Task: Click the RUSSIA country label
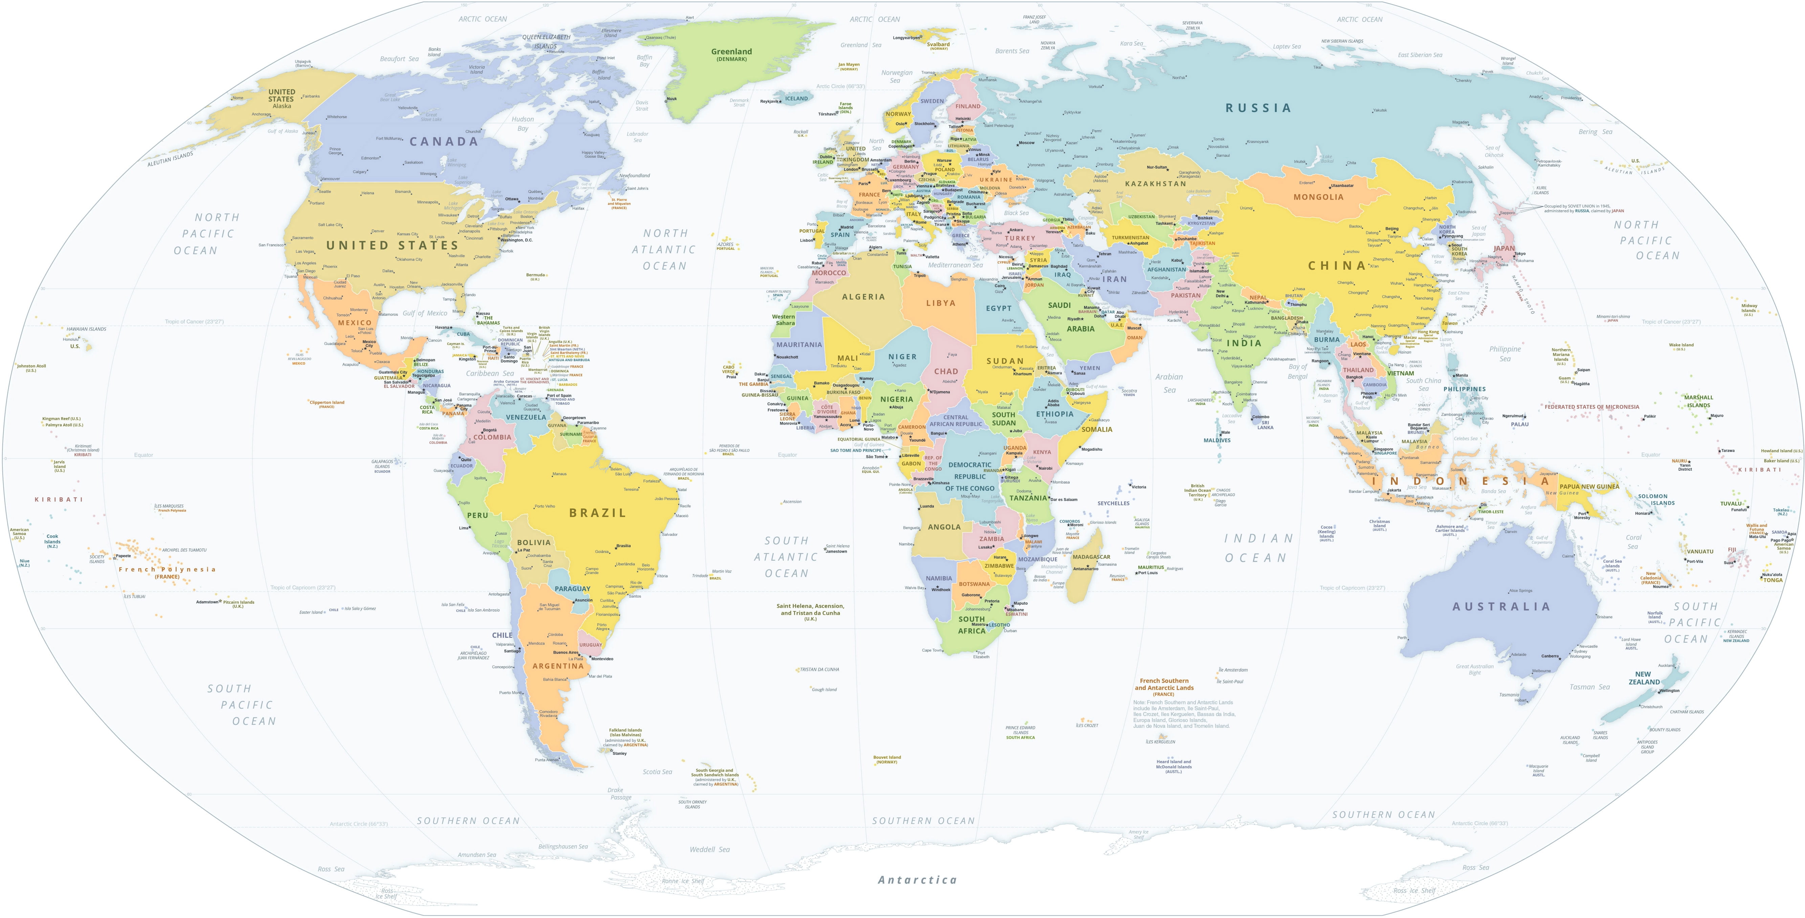[x=1258, y=108]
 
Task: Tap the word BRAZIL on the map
[x=597, y=513]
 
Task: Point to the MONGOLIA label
[x=1318, y=197]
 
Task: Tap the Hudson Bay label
[x=523, y=123]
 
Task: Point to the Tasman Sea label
[x=1589, y=687]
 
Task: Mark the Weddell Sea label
[x=709, y=849]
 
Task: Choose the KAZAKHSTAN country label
[x=1155, y=184]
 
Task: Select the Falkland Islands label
[x=625, y=732]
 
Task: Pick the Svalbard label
[x=938, y=44]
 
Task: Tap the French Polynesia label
[x=167, y=570]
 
